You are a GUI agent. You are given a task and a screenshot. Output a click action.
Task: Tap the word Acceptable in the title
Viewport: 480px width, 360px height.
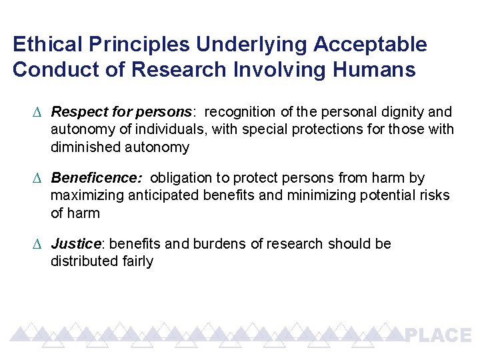tap(370, 45)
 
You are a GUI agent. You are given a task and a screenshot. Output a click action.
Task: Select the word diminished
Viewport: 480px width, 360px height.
tap(85, 147)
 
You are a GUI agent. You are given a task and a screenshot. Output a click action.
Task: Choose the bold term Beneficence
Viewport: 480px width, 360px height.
tap(96, 178)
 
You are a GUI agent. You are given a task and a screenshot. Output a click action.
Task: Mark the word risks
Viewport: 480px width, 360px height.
tap(434, 196)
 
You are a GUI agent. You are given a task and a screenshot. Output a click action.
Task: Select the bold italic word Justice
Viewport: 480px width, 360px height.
tap(75, 244)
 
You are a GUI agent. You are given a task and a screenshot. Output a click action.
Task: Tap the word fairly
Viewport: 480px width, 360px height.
tap(137, 261)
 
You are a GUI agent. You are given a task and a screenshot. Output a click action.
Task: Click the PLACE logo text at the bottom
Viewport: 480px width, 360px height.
tap(437, 335)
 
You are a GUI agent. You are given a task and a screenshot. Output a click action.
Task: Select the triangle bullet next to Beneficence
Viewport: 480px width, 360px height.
tap(37, 179)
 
